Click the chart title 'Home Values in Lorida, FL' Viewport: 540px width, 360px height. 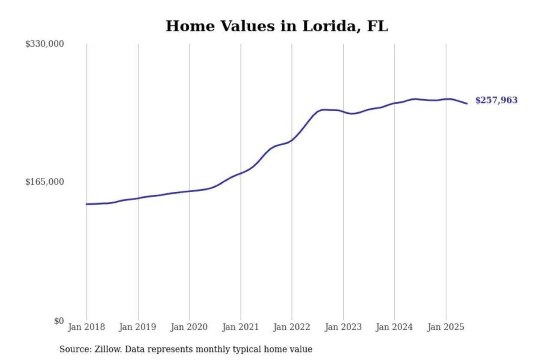[277, 26]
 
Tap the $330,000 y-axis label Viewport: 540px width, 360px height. [45, 44]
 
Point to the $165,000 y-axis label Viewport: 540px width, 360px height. [45, 182]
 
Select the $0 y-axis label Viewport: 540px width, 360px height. [59, 321]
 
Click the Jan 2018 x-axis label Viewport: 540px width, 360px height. [86, 327]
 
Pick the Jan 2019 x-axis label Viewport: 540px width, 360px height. [138, 327]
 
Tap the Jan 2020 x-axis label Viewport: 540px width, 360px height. [189, 327]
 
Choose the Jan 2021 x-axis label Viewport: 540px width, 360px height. [240, 327]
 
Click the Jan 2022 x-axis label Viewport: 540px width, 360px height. [292, 327]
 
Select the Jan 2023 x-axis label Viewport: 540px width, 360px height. [343, 327]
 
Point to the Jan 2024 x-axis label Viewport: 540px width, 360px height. [394, 327]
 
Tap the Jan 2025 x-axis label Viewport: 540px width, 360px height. [446, 327]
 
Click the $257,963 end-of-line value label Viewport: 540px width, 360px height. [496, 100]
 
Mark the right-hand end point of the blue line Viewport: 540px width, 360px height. [467, 103]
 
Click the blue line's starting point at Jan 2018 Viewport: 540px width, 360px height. [87, 204]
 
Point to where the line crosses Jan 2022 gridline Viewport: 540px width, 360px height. [292, 141]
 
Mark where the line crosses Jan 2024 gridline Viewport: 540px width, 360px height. [394, 103]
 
